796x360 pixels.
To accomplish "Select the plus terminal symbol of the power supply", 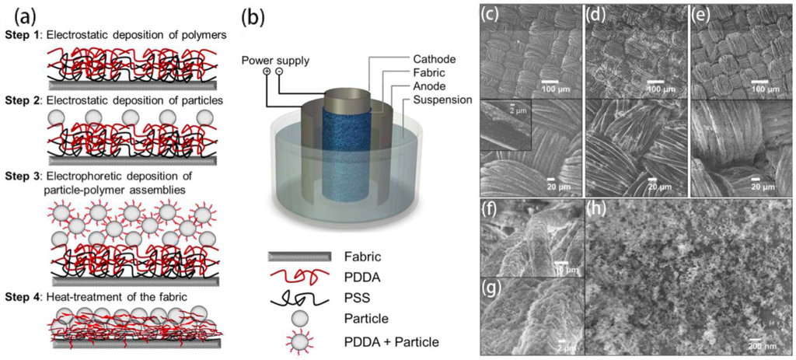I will [x=267, y=72].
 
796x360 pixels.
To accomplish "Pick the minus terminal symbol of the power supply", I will [x=279, y=72].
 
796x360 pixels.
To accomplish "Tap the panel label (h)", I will [x=599, y=209].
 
